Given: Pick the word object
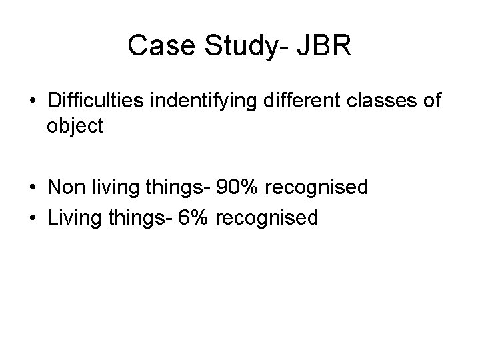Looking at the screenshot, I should (75, 126).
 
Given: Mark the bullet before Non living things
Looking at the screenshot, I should (33, 189).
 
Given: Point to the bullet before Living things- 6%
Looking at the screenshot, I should (33, 218).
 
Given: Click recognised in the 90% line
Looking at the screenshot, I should (317, 188).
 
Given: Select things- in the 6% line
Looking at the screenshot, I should (143, 217).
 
